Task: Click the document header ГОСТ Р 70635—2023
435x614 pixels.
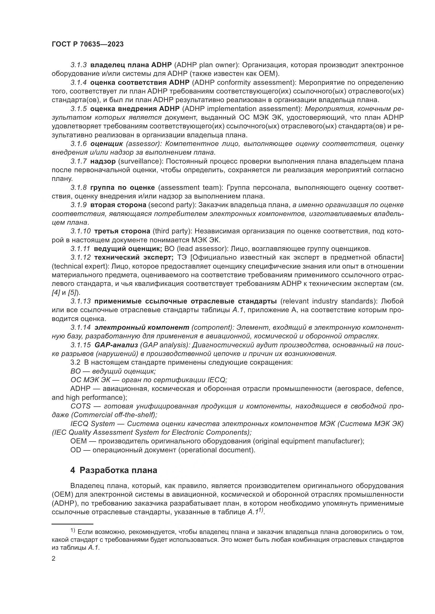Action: (88, 44)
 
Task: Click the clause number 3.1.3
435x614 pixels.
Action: (78, 65)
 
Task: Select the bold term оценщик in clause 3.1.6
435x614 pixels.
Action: (107, 144)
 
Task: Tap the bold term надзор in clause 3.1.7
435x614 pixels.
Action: (103, 161)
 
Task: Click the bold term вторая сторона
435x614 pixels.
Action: (118, 205)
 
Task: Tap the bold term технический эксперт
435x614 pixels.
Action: (131, 258)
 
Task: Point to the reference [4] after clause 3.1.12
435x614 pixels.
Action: (55, 292)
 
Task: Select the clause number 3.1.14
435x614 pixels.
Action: (81, 328)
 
